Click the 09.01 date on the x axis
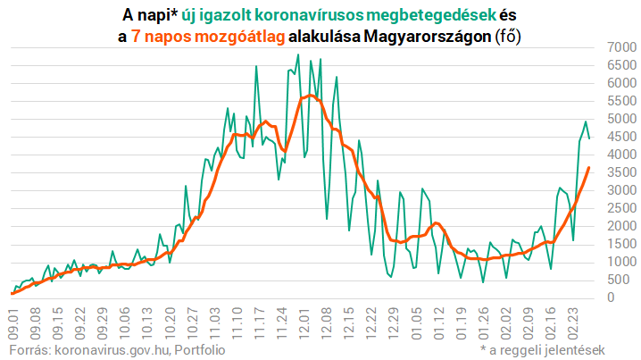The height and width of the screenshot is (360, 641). (12, 319)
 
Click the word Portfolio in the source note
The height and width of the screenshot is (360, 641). (198, 349)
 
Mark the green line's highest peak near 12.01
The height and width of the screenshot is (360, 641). (298, 55)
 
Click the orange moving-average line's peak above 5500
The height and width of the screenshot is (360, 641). (309, 95)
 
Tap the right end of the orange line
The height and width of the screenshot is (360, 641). (588, 167)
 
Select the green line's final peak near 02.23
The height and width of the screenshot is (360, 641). (585, 121)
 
